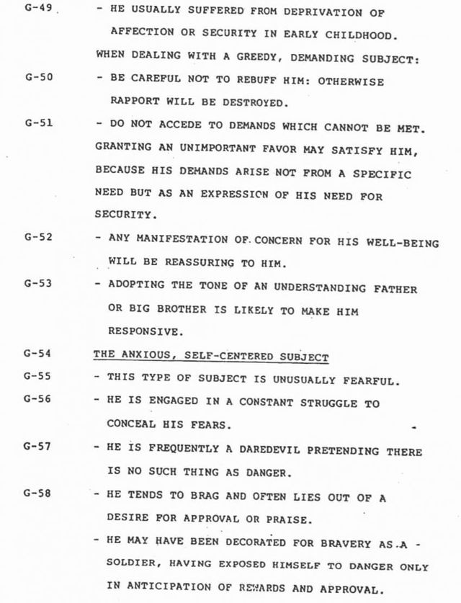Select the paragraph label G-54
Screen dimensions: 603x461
point(35,355)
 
